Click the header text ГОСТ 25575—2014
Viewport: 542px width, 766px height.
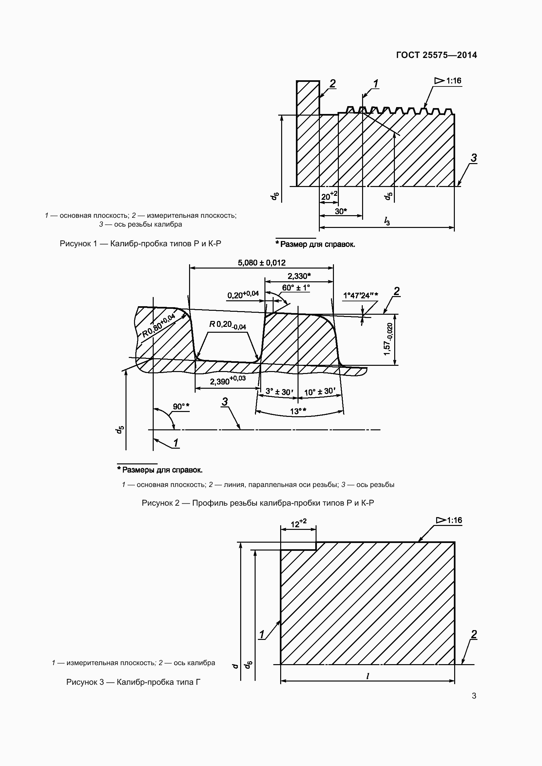click(x=436, y=55)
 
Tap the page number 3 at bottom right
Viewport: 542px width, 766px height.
click(x=474, y=696)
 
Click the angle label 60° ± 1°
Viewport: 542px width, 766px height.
click(x=296, y=288)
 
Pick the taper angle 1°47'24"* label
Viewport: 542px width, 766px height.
click(x=360, y=296)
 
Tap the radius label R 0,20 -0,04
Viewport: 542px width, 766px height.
click(x=228, y=325)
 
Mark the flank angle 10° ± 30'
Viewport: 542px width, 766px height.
click(x=320, y=391)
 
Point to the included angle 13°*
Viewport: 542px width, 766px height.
click(x=298, y=411)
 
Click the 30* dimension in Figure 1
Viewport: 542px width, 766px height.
click(x=341, y=211)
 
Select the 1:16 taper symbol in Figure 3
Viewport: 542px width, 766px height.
click(x=449, y=520)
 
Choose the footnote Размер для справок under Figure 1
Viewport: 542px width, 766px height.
click(x=315, y=244)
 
